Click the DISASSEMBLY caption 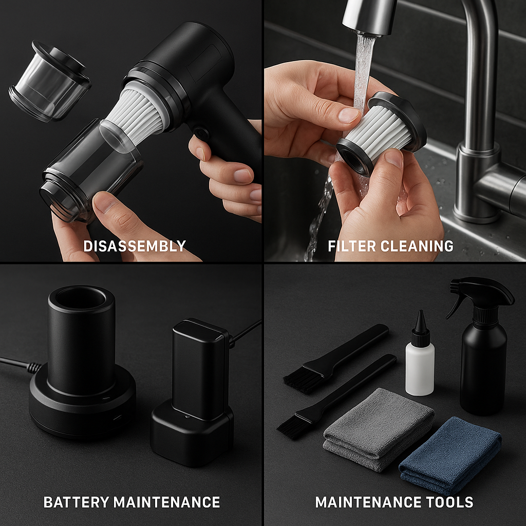(x=134, y=246)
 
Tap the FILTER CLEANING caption (x=390, y=246)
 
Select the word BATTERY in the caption (x=77, y=502)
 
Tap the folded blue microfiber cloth (x=450, y=448)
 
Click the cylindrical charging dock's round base (x=82, y=406)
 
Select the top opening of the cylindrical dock (x=77, y=298)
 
